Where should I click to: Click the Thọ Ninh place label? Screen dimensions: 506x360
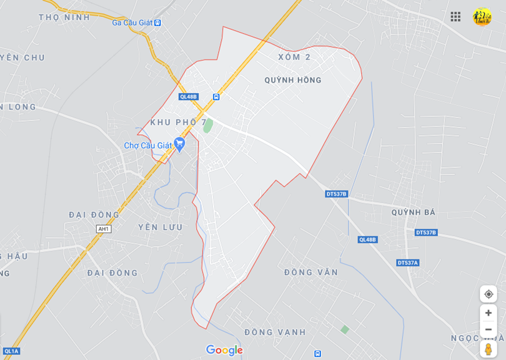point(64,17)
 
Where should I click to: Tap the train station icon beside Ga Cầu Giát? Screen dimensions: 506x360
point(157,23)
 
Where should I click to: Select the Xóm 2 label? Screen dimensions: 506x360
point(294,57)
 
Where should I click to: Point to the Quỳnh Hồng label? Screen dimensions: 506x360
point(292,80)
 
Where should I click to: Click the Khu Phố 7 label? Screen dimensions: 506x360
point(178,122)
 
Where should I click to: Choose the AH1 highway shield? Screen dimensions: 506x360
point(104,229)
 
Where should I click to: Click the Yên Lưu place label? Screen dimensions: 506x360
point(160,227)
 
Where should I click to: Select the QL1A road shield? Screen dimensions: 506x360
point(10,351)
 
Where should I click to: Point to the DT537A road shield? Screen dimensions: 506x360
point(408,262)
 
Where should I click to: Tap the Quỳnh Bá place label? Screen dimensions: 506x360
point(413,212)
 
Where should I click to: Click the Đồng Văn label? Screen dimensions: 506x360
point(310,272)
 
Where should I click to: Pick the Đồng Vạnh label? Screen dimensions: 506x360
point(275,332)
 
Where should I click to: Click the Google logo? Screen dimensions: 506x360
point(224,350)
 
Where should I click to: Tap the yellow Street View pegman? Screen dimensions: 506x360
point(488,349)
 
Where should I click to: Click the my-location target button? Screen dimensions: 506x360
point(488,294)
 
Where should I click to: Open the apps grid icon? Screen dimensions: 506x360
point(455,17)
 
